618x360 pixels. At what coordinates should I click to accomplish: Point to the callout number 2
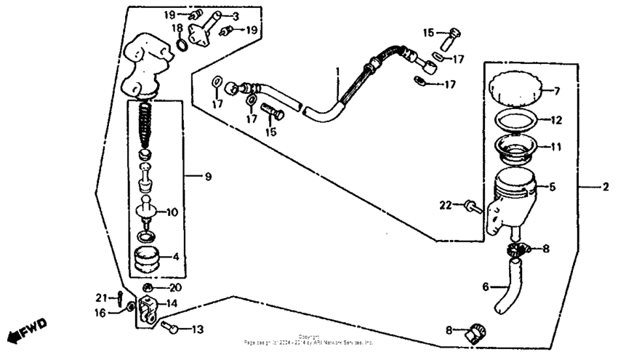pos(605,187)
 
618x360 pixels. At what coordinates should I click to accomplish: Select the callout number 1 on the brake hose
pos(337,72)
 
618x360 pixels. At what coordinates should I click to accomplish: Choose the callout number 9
pos(208,177)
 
